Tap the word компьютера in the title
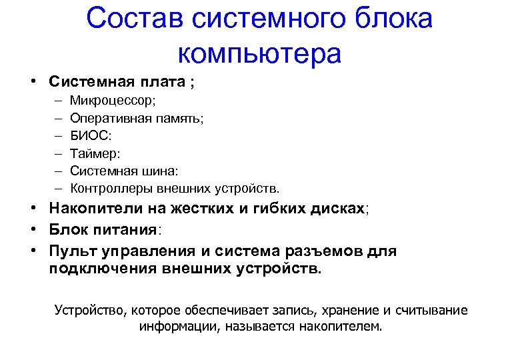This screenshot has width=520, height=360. point(260,53)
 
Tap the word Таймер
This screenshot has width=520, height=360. point(94,153)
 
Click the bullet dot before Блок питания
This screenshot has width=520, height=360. point(32,230)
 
